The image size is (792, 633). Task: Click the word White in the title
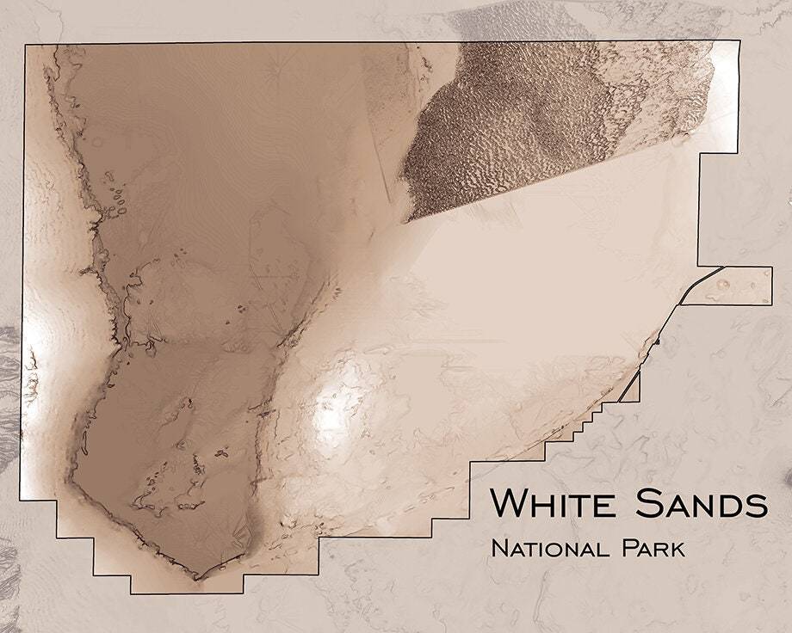pos(555,504)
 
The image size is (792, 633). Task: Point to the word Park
pos(653,548)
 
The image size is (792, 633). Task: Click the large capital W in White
pos(508,504)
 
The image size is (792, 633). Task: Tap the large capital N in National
pos(498,548)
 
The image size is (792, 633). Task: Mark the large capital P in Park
pos(626,548)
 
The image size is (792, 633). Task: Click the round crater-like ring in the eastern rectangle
pos(722,284)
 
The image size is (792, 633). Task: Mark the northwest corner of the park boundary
pos(25,43)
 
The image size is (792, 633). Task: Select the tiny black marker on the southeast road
pos(657,341)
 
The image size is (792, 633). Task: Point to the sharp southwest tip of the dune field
pos(405,221)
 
